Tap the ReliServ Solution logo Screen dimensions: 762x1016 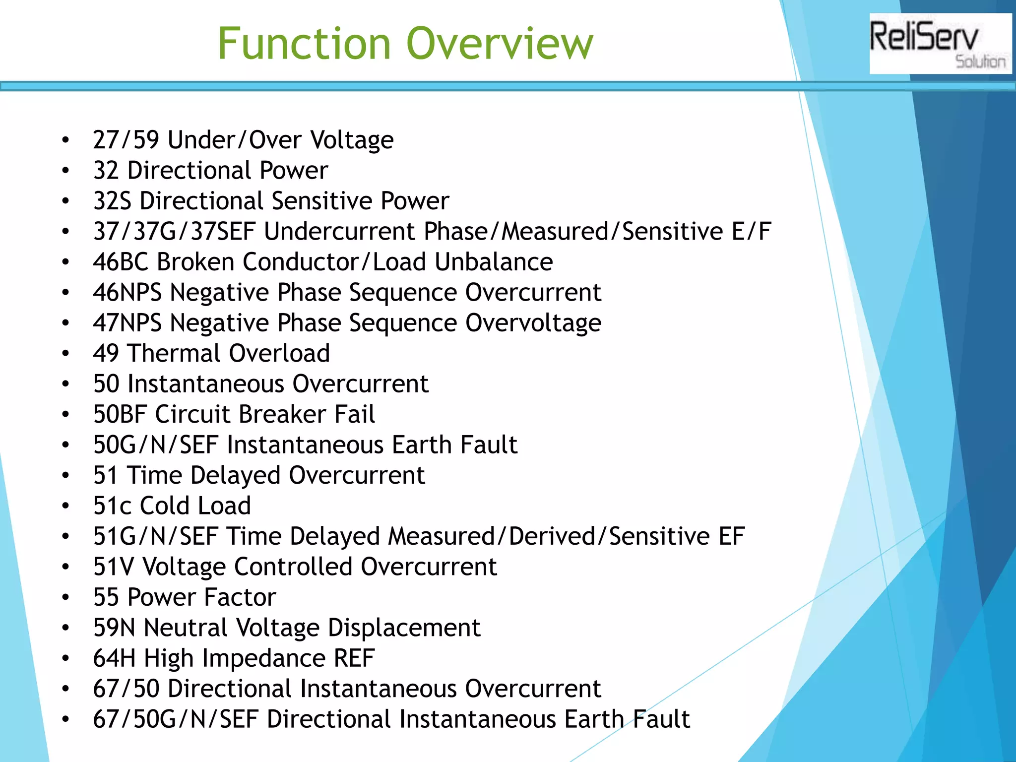click(x=940, y=44)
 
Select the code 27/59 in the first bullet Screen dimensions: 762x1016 click(x=126, y=140)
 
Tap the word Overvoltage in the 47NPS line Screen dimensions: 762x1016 click(x=533, y=323)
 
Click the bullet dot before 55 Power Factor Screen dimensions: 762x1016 click(x=65, y=598)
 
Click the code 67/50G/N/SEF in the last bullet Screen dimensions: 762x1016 click(x=176, y=719)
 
